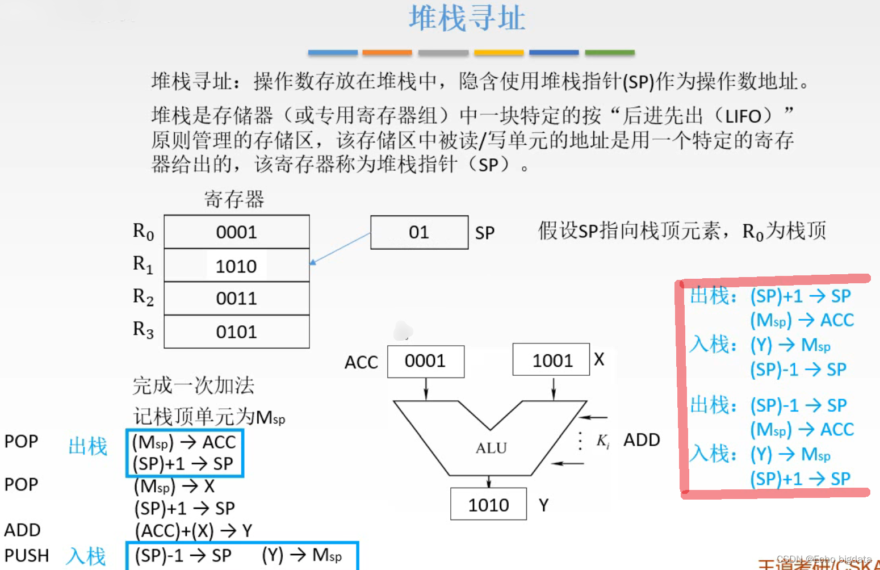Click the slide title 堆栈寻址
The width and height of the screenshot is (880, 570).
467,18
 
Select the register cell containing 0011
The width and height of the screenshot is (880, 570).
237,299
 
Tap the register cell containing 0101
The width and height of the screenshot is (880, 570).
237,332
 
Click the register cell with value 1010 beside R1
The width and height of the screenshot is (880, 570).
237,266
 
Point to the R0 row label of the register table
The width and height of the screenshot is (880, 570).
143,232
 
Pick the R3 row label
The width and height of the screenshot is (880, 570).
143,329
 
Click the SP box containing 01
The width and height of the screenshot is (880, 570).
419,232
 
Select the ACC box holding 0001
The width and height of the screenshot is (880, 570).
425,361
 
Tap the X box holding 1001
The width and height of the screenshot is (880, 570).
552,360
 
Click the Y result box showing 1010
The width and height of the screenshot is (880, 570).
488,504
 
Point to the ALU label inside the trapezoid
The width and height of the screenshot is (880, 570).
491,448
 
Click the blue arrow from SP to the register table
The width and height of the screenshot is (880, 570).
341,248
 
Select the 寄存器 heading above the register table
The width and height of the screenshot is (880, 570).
234,199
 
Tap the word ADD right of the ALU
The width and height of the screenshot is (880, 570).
642,440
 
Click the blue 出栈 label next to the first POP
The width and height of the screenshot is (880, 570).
88,446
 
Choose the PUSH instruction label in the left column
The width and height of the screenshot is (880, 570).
27,555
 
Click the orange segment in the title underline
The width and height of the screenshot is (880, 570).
387,52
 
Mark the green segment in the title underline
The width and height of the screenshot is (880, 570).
609,52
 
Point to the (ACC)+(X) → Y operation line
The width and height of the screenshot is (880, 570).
193,531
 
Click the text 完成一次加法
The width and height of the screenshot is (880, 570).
193,385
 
